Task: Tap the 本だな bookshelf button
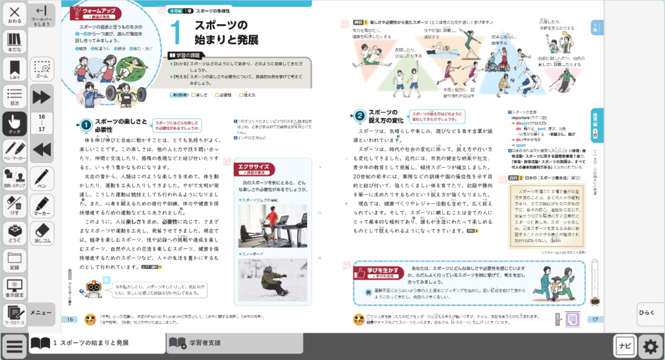(x=14, y=41)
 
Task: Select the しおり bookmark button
(x=14, y=70)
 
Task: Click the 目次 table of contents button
(x=14, y=96)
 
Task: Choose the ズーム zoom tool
(x=42, y=70)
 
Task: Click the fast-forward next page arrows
(x=42, y=97)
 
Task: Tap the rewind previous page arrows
(x=42, y=149)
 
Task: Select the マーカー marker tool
(x=42, y=205)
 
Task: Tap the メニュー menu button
(x=42, y=314)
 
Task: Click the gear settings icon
(x=650, y=344)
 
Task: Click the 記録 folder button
(x=14, y=259)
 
